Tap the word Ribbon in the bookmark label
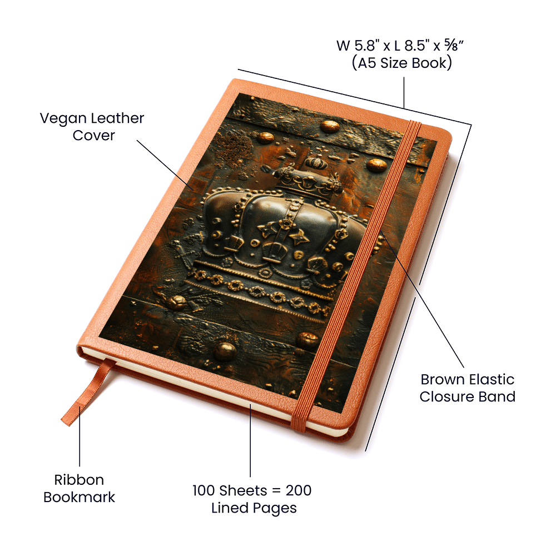[79, 480]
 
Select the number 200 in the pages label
[299, 490]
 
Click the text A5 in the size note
[366, 63]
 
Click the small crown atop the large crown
[317, 163]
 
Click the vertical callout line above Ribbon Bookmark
[80, 436]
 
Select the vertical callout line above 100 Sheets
[250, 440]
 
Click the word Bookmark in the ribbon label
[79, 497]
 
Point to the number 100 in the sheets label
[203, 490]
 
